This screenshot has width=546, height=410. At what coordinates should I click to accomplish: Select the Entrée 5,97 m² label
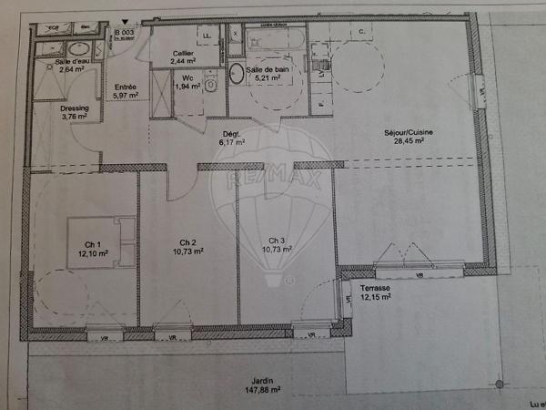point(125,90)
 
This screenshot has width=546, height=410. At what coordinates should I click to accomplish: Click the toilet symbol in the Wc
point(209,85)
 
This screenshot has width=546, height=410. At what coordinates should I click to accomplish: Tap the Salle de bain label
point(269,73)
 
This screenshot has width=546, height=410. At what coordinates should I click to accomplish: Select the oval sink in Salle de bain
point(236,74)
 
